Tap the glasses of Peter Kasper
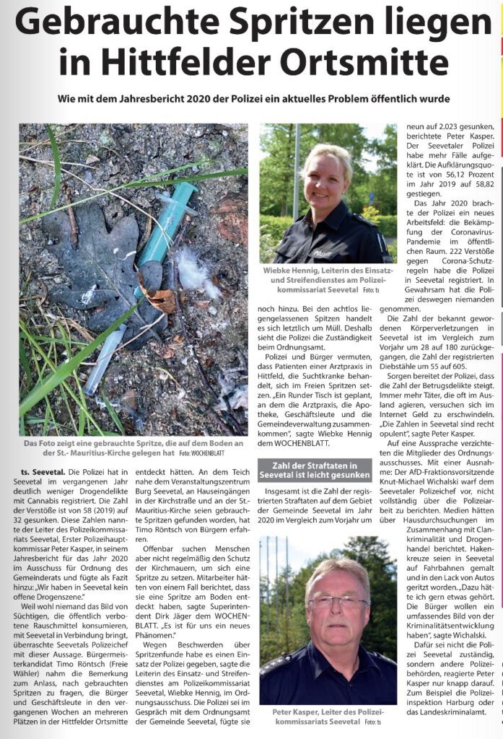click(x=337, y=600)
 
